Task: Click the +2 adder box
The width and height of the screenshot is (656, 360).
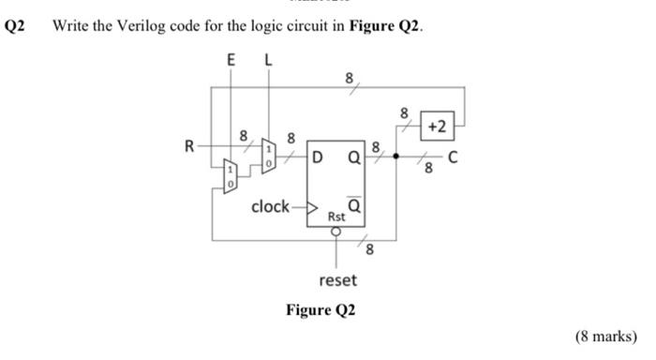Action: pyautogui.click(x=438, y=126)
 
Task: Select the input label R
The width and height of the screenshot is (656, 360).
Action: pyautogui.click(x=189, y=146)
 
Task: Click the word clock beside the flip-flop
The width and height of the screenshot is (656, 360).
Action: pyautogui.click(x=271, y=206)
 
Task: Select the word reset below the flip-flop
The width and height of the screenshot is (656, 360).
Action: pyautogui.click(x=337, y=279)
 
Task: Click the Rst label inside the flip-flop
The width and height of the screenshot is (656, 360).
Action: pyautogui.click(x=335, y=217)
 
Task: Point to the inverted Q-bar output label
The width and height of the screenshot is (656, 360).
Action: pyautogui.click(x=355, y=202)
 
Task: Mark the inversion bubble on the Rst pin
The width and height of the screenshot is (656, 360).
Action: pyautogui.click(x=335, y=230)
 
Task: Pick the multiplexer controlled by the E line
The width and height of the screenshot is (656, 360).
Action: pyautogui.click(x=231, y=174)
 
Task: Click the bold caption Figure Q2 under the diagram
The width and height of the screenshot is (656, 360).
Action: pyautogui.click(x=322, y=310)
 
